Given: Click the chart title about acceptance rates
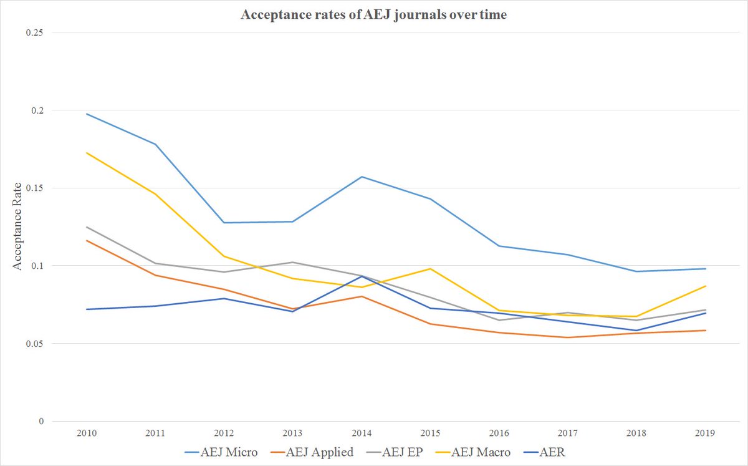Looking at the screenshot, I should pos(374,16).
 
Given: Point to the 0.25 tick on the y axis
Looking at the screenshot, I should pos(35,32).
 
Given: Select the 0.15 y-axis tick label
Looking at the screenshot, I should pos(35,188).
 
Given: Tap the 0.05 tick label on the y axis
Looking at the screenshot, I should pos(35,343).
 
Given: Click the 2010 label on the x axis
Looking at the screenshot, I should pos(87,432).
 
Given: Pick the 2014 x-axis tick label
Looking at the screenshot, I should pos(362,432).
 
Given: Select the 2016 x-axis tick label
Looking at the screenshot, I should pos(499,432).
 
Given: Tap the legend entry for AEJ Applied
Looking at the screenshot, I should pos(313,452).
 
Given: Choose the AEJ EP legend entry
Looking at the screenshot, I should pos(396,452).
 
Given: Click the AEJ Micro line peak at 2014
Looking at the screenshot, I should pos(362,177).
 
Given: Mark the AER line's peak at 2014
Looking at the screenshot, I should pos(362,276).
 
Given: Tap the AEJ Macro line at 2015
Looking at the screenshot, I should pos(430,269).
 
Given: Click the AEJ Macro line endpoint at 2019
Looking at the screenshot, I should pos(705,286).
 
